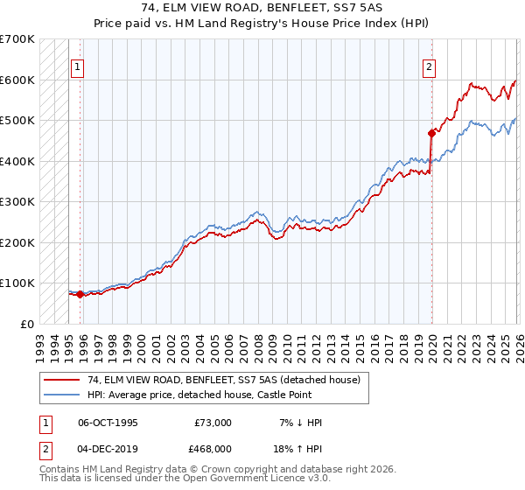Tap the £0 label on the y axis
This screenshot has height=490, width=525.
pyautogui.click(x=26, y=324)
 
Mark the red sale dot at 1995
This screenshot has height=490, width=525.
pyautogui.click(x=80, y=294)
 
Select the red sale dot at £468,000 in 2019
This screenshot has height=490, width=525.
pyautogui.click(x=431, y=134)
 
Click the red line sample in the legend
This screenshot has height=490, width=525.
pyautogui.click(x=61, y=380)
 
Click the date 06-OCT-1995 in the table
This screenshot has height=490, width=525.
pyautogui.click(x=108, y=423)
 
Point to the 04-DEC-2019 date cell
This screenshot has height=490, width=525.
pyautogui.click(x=108, y=447)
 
